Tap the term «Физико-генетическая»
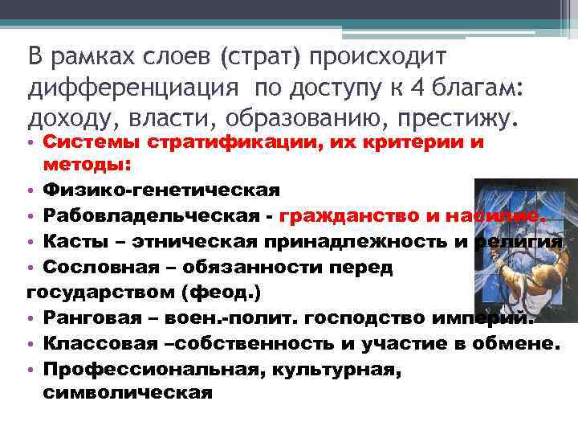[161, 190]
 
